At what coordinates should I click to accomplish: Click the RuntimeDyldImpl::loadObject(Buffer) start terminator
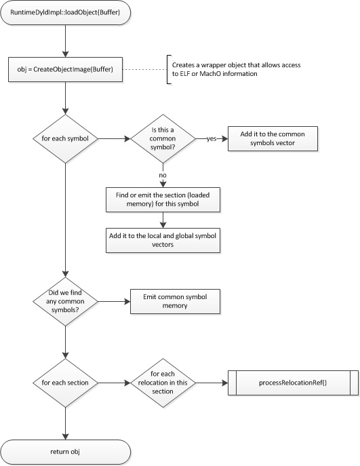pyautogui.click(x=64, y=14)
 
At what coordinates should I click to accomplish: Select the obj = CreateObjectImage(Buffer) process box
pyautogui.click(x=64, y=70)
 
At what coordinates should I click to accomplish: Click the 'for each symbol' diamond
pyautogui.click(x=64, y=139)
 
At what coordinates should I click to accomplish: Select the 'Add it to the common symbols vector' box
pyautogui.click(x=271, y=139)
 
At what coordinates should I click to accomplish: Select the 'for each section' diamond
pyautogui.click(x=64, y=382)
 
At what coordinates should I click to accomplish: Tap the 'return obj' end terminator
pyautogui.click(x=64, y=450)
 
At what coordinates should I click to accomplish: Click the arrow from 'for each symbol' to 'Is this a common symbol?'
pyautogui.click(x=112, y=139)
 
